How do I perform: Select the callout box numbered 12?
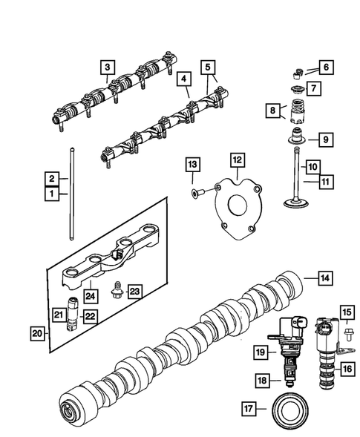coord(235,159)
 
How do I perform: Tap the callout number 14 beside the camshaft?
coord(324,278)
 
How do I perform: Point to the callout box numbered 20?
coord(37,334)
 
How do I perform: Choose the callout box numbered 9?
coord(324,139)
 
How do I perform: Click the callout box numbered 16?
coord(346,366)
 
